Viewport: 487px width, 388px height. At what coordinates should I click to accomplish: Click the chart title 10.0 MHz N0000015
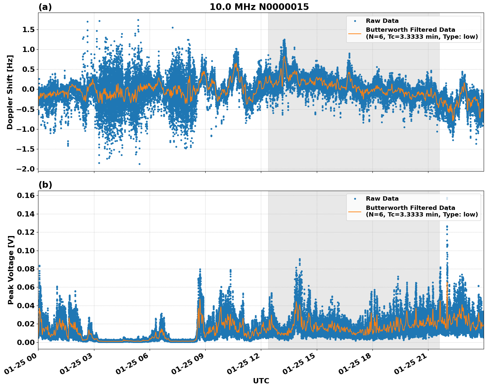tap(259, 7)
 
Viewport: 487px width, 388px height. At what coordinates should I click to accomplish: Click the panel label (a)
tap(45, 7)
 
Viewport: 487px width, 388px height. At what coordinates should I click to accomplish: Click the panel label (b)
tap(45, 185)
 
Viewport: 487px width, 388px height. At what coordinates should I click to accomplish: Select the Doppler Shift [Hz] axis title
tap(10, 92)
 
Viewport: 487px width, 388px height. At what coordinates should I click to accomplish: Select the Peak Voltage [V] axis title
tap(11, 270)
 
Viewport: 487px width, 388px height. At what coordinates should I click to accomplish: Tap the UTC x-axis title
tap(261, 381)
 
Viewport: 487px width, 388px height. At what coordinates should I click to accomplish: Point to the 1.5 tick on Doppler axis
tap(27, 30)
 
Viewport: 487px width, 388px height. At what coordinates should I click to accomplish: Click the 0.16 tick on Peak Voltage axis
tap(25, 196)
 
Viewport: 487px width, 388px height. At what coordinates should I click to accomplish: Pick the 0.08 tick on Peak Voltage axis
tap(25, 269)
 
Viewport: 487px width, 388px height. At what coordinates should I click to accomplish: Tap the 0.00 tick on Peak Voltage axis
tap(25, 342)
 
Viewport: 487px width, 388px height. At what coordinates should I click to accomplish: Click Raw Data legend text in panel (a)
tap(382, 21)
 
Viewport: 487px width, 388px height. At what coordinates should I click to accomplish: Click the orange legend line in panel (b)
tap(355, 211)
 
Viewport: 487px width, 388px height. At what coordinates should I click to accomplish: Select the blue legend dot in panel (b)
tap(355, 199)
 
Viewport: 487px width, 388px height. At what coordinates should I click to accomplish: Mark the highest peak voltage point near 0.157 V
tap(447, 198)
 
